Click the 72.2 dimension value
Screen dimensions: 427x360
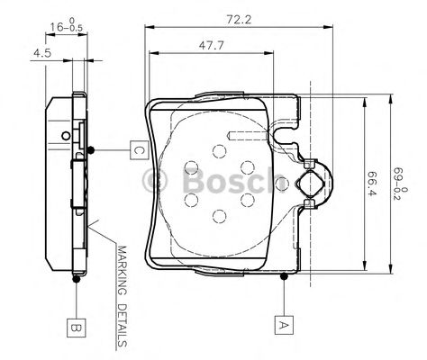[x=239, y=20]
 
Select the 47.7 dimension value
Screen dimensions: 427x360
[x=212, y=46]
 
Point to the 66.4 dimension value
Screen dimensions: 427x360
[x=372, y=184]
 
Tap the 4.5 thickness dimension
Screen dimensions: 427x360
[x=42, y=53]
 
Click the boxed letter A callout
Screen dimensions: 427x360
[x=284, y=325]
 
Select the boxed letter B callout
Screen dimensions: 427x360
[x=77, y=328]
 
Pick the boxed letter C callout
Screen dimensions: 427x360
[x=140, y=149]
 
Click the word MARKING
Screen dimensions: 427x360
[x=123, y=271]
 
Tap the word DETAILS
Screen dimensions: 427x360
[x=123, y=325]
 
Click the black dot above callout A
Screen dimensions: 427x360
[x=284, y=276]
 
